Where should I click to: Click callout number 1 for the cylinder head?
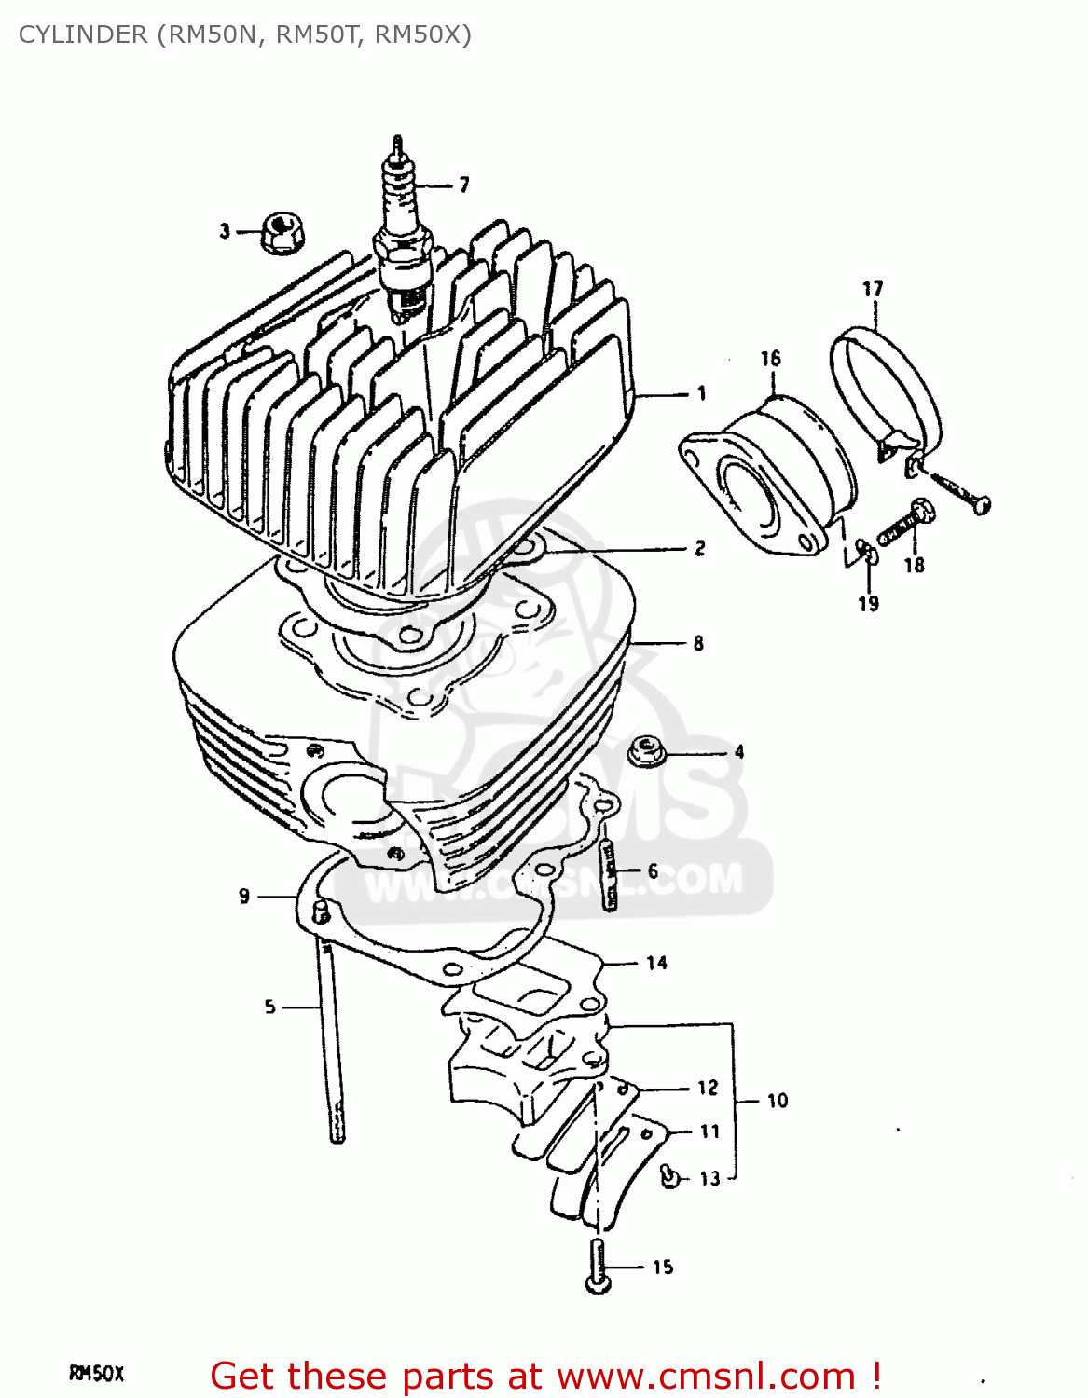[701, 394]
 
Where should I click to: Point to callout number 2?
[699, 548]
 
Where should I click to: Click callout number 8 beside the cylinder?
[698, 643]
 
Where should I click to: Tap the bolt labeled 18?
[907, 523]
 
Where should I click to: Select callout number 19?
[868, 604]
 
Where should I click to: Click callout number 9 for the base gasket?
[244, 896]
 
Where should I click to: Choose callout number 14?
[656, 963]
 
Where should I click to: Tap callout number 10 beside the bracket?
[778, 1101]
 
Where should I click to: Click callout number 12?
[708, 1088]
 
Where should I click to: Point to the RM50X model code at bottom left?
[96, 1373]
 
